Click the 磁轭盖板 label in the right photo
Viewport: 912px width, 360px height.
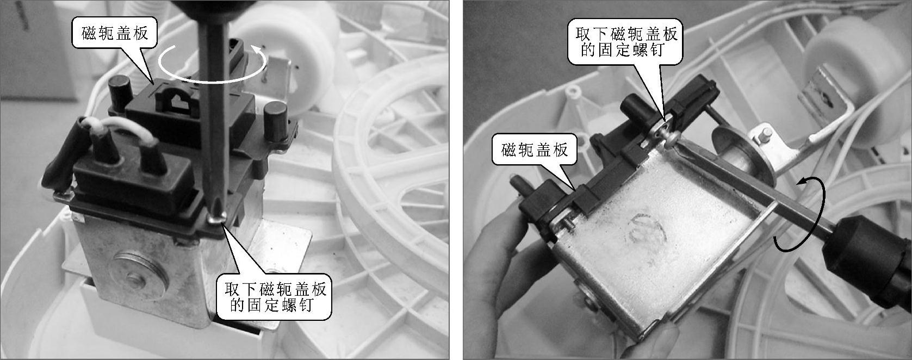(x=534, y=151)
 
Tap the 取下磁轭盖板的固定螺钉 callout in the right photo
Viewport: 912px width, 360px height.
(x=625, y=42)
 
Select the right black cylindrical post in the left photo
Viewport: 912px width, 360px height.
(x=276, y=121)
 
